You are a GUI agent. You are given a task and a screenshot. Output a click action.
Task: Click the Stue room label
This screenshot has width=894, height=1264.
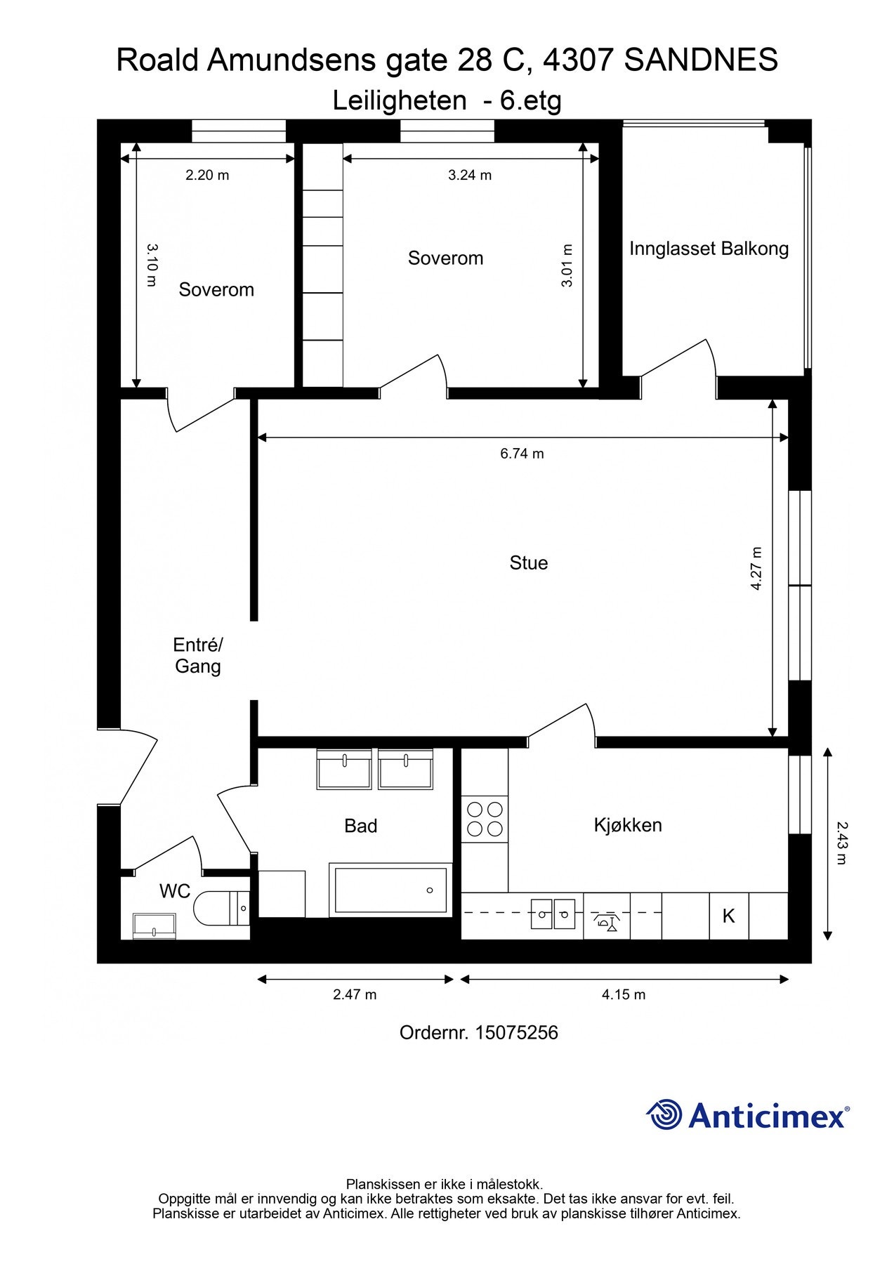click(x=528, y=563)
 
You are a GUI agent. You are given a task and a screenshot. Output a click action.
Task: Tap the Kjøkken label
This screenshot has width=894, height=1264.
click(x=628, y=825)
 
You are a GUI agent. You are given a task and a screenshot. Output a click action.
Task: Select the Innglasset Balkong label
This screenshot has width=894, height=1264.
click(x=709, y=249)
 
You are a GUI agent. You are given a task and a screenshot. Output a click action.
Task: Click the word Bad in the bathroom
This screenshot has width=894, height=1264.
click(x=360, y=826)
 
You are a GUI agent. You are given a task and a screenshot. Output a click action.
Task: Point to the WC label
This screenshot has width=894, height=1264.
click(x=175, y=891)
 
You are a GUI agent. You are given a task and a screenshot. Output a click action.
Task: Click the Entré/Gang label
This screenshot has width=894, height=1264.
click(x=198, y=655)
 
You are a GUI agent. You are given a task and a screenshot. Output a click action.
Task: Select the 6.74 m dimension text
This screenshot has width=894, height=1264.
click(x=522, y=454)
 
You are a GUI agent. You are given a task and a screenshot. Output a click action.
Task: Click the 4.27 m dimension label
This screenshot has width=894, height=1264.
click(x=756, y=568)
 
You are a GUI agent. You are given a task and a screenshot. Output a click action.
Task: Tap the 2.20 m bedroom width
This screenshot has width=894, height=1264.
click(x=207, y=175)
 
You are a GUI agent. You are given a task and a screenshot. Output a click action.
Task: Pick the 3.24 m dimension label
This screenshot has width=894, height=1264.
click(x=470, y=175)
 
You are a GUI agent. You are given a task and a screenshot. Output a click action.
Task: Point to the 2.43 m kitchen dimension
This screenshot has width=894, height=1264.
click(x=842, y=843)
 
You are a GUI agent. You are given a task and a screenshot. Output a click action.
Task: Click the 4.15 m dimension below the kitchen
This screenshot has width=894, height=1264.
click(x=624, y=994)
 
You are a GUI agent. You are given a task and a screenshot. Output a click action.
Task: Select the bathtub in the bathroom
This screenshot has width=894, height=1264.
click(x=390, y=890)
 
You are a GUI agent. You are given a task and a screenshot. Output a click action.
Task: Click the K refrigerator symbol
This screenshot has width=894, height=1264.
click(x=729, y=916)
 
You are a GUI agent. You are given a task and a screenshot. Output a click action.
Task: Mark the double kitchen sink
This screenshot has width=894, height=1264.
click(x=553, y=914)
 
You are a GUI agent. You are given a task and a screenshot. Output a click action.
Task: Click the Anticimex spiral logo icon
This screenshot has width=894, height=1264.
click(x=664, y=1114)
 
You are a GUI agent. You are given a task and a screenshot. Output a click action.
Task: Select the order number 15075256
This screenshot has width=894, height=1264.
click(x=517, y=1032)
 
